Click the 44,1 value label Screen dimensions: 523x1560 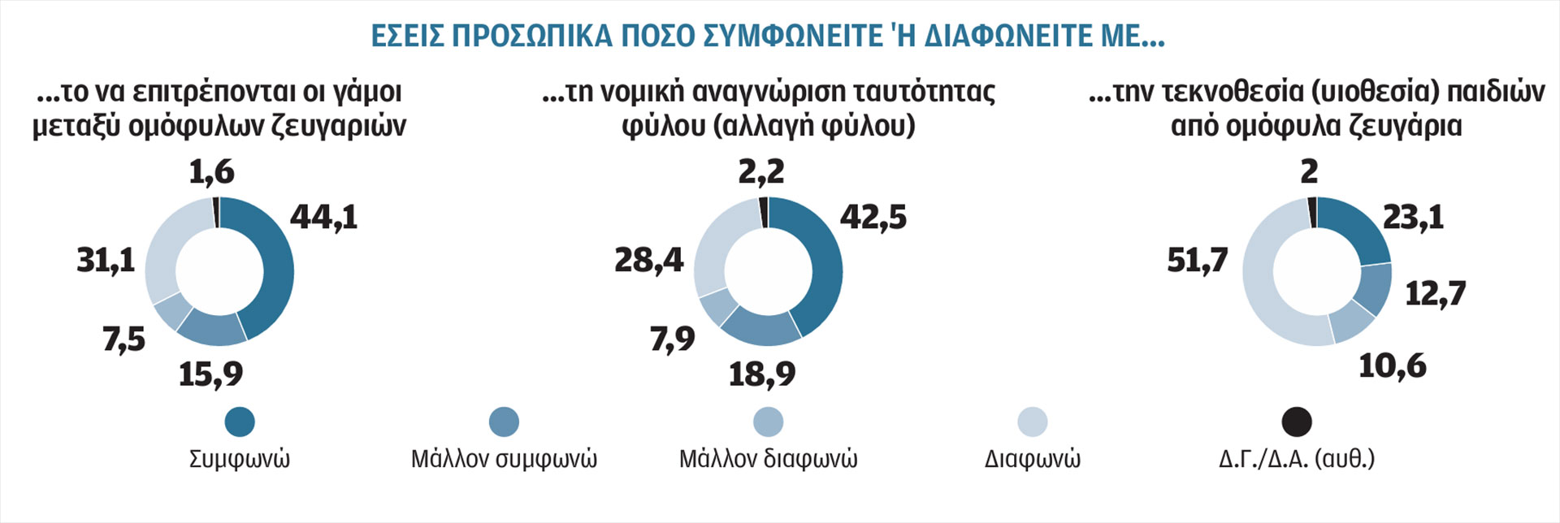(323, 217)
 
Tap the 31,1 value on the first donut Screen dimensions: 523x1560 (106, 261)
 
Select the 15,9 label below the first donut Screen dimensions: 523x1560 (210, 374)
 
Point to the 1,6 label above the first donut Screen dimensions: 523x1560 (211, 172)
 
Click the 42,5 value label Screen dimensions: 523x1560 (873, 217)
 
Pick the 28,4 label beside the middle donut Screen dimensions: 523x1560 (649, 261)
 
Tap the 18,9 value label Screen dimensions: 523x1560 (762, 374)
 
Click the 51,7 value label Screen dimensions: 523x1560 (1197, 261)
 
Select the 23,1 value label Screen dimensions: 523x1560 (1413, 217)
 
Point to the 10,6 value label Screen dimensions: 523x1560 (1393, 365)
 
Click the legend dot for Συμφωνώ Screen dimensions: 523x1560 (240, 421)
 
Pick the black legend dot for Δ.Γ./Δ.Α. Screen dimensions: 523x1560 (1297, 421)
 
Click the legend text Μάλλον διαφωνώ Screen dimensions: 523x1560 (768, 459)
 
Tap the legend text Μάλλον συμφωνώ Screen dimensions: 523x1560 (504, 459)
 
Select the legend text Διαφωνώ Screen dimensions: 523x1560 (1032, 459)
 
